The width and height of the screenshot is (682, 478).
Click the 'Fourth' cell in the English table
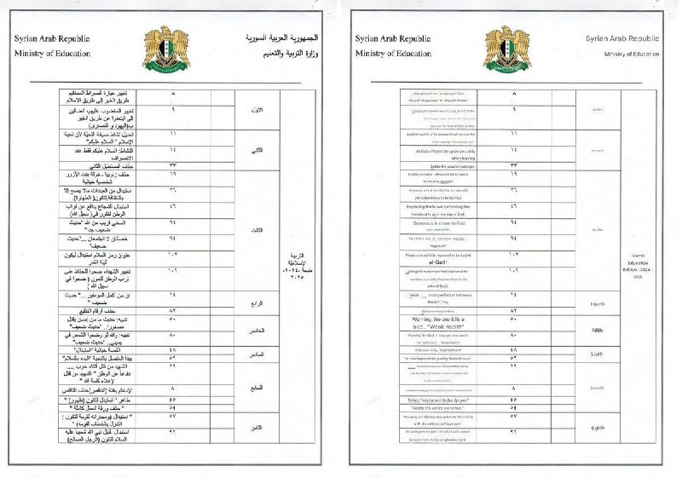pos(596,303)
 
